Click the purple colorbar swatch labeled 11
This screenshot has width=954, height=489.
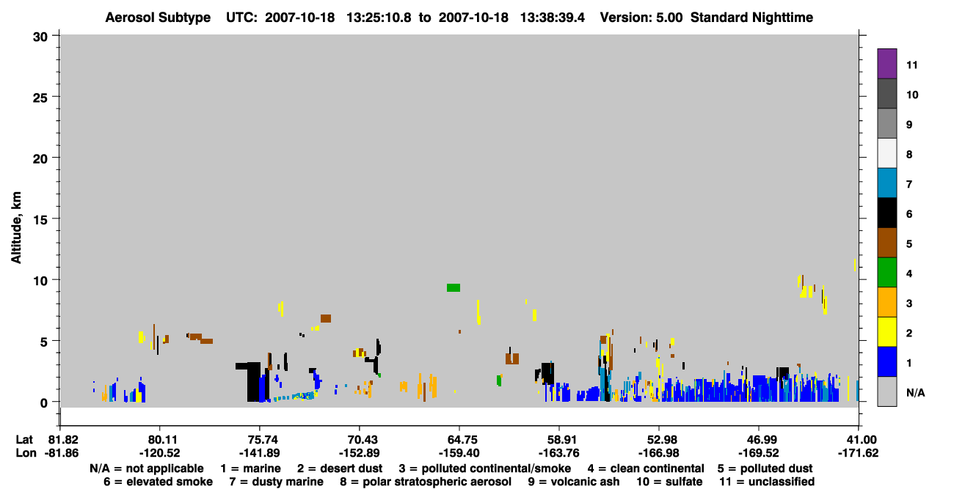(886, 63)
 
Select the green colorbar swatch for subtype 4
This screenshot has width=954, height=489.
(886, 273)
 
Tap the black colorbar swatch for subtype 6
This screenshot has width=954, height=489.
(886, 213)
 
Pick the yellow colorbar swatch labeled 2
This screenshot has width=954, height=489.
(886, 332)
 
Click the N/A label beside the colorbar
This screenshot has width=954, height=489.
(915, 392)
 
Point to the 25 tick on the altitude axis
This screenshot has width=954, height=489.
(40, 98)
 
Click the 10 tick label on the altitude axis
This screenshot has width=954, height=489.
(40, 281)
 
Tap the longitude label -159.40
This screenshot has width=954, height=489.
(459, 452)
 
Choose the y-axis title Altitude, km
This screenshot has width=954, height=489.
(15, 228)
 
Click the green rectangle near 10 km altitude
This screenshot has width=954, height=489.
(454, 287)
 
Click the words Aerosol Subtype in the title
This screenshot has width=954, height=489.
(158, 18)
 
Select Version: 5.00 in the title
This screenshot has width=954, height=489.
(641, 18)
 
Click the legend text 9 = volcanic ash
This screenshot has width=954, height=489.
(574, 482)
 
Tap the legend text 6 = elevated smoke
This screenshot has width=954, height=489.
(158, 482)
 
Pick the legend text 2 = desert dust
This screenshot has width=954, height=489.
(340, 468)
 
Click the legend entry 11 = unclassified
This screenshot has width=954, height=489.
(767, 482)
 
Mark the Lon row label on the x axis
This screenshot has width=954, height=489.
(26, 452)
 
